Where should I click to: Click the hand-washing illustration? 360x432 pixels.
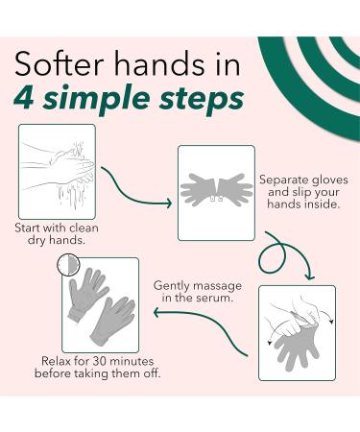[x=57, y=170]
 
